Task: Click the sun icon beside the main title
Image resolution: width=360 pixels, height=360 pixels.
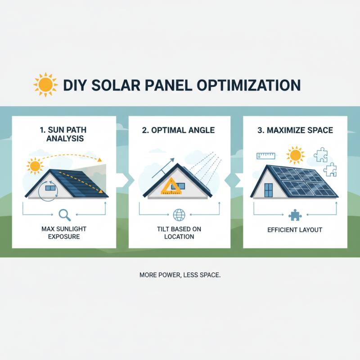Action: coord(45,84)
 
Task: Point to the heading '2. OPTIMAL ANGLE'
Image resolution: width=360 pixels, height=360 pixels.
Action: coord(179,130)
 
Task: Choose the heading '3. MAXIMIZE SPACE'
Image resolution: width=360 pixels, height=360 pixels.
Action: coord(295,130)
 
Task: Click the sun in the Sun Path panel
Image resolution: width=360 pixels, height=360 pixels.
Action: coord(35,166)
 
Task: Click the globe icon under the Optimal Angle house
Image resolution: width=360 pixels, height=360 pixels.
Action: coord(179,215)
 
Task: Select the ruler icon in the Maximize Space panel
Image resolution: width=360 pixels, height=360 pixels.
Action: coord(265,156)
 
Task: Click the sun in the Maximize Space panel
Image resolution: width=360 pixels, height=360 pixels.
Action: coord(295,155)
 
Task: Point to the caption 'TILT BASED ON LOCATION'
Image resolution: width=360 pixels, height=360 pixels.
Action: coord(179,233)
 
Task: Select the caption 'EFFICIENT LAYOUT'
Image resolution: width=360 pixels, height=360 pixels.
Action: coord(295,229)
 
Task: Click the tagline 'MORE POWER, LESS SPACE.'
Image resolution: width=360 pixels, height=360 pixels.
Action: coord(180,274)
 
